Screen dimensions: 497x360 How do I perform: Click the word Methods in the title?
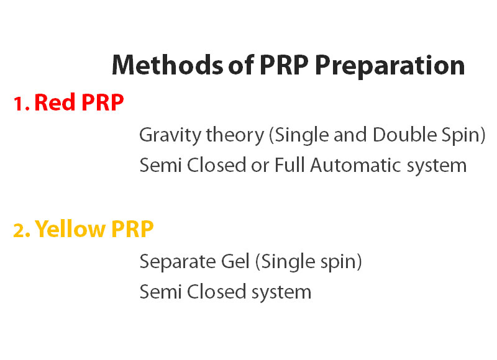(168, 65)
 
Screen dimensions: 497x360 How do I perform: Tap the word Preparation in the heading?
(390, 66)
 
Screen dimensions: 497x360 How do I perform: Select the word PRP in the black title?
(284, 65)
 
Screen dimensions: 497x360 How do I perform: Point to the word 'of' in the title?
(241, 65)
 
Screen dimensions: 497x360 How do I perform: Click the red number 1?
(21, 103)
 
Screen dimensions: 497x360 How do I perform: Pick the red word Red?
(55, 102)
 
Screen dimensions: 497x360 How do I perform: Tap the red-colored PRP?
(103, 102)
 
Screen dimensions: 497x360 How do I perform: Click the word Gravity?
(170, 135)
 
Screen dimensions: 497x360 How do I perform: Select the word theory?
(235, 135)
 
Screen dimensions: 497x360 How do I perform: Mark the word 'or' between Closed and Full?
(260, 166)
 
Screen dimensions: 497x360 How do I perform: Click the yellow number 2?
(22, 230)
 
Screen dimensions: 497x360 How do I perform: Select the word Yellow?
(70, 228)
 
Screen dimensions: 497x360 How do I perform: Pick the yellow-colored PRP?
(132, 228)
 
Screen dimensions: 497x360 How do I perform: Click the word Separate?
(178, 262)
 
